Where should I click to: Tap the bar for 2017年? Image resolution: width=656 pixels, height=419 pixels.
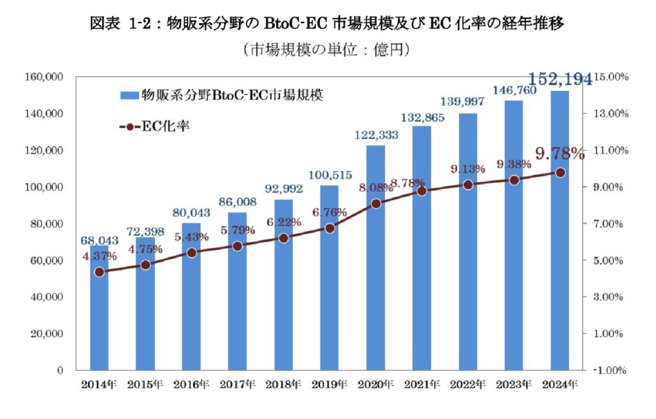click(238, 301)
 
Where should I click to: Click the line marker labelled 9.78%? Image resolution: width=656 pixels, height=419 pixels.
click(560, 172)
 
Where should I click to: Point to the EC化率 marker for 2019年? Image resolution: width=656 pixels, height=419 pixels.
click(330, 228)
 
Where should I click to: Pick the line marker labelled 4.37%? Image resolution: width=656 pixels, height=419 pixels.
click(99, 272)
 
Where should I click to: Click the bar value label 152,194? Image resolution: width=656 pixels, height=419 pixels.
click(560, 80)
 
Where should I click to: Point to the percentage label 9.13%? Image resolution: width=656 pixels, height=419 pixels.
click(468, 170)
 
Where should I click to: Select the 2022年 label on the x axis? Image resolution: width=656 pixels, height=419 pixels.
click(468, 385)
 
